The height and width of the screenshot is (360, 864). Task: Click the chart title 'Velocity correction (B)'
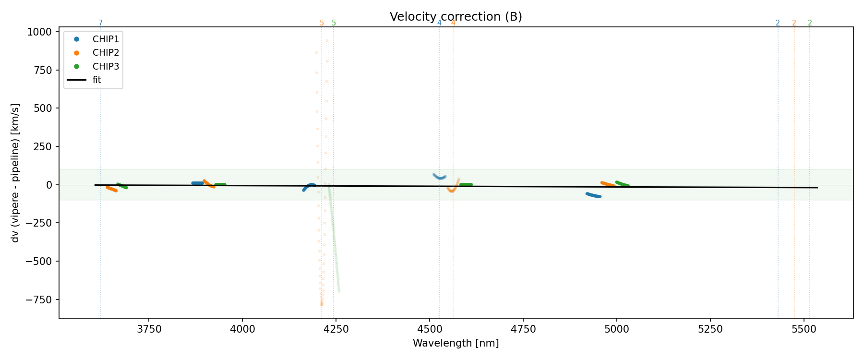click(456, 17)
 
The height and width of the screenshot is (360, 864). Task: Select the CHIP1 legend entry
click(106, 39)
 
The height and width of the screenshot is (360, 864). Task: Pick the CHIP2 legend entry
click(106, 53)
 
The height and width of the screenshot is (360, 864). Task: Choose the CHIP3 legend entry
click(106, 66)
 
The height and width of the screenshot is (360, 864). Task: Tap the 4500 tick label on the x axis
click(430, 329)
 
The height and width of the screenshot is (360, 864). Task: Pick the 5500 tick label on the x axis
click(804, 329)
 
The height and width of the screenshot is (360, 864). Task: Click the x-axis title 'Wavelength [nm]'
click(456, 343)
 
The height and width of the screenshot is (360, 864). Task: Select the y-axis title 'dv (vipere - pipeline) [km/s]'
click(15, 173)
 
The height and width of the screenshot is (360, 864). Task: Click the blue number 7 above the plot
click(100, 23)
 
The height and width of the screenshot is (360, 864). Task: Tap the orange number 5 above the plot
click(322, 23)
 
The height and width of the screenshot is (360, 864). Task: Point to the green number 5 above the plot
click(334, 23)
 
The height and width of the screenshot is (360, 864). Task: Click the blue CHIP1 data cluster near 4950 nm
click(594, 195)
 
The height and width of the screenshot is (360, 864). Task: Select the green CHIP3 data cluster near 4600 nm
click(466, 184)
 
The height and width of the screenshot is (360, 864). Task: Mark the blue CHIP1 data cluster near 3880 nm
click(197, 183)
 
